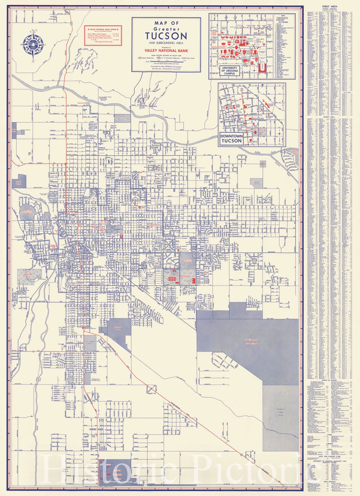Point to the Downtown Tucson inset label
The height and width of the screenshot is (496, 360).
click(x=231, y=138)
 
